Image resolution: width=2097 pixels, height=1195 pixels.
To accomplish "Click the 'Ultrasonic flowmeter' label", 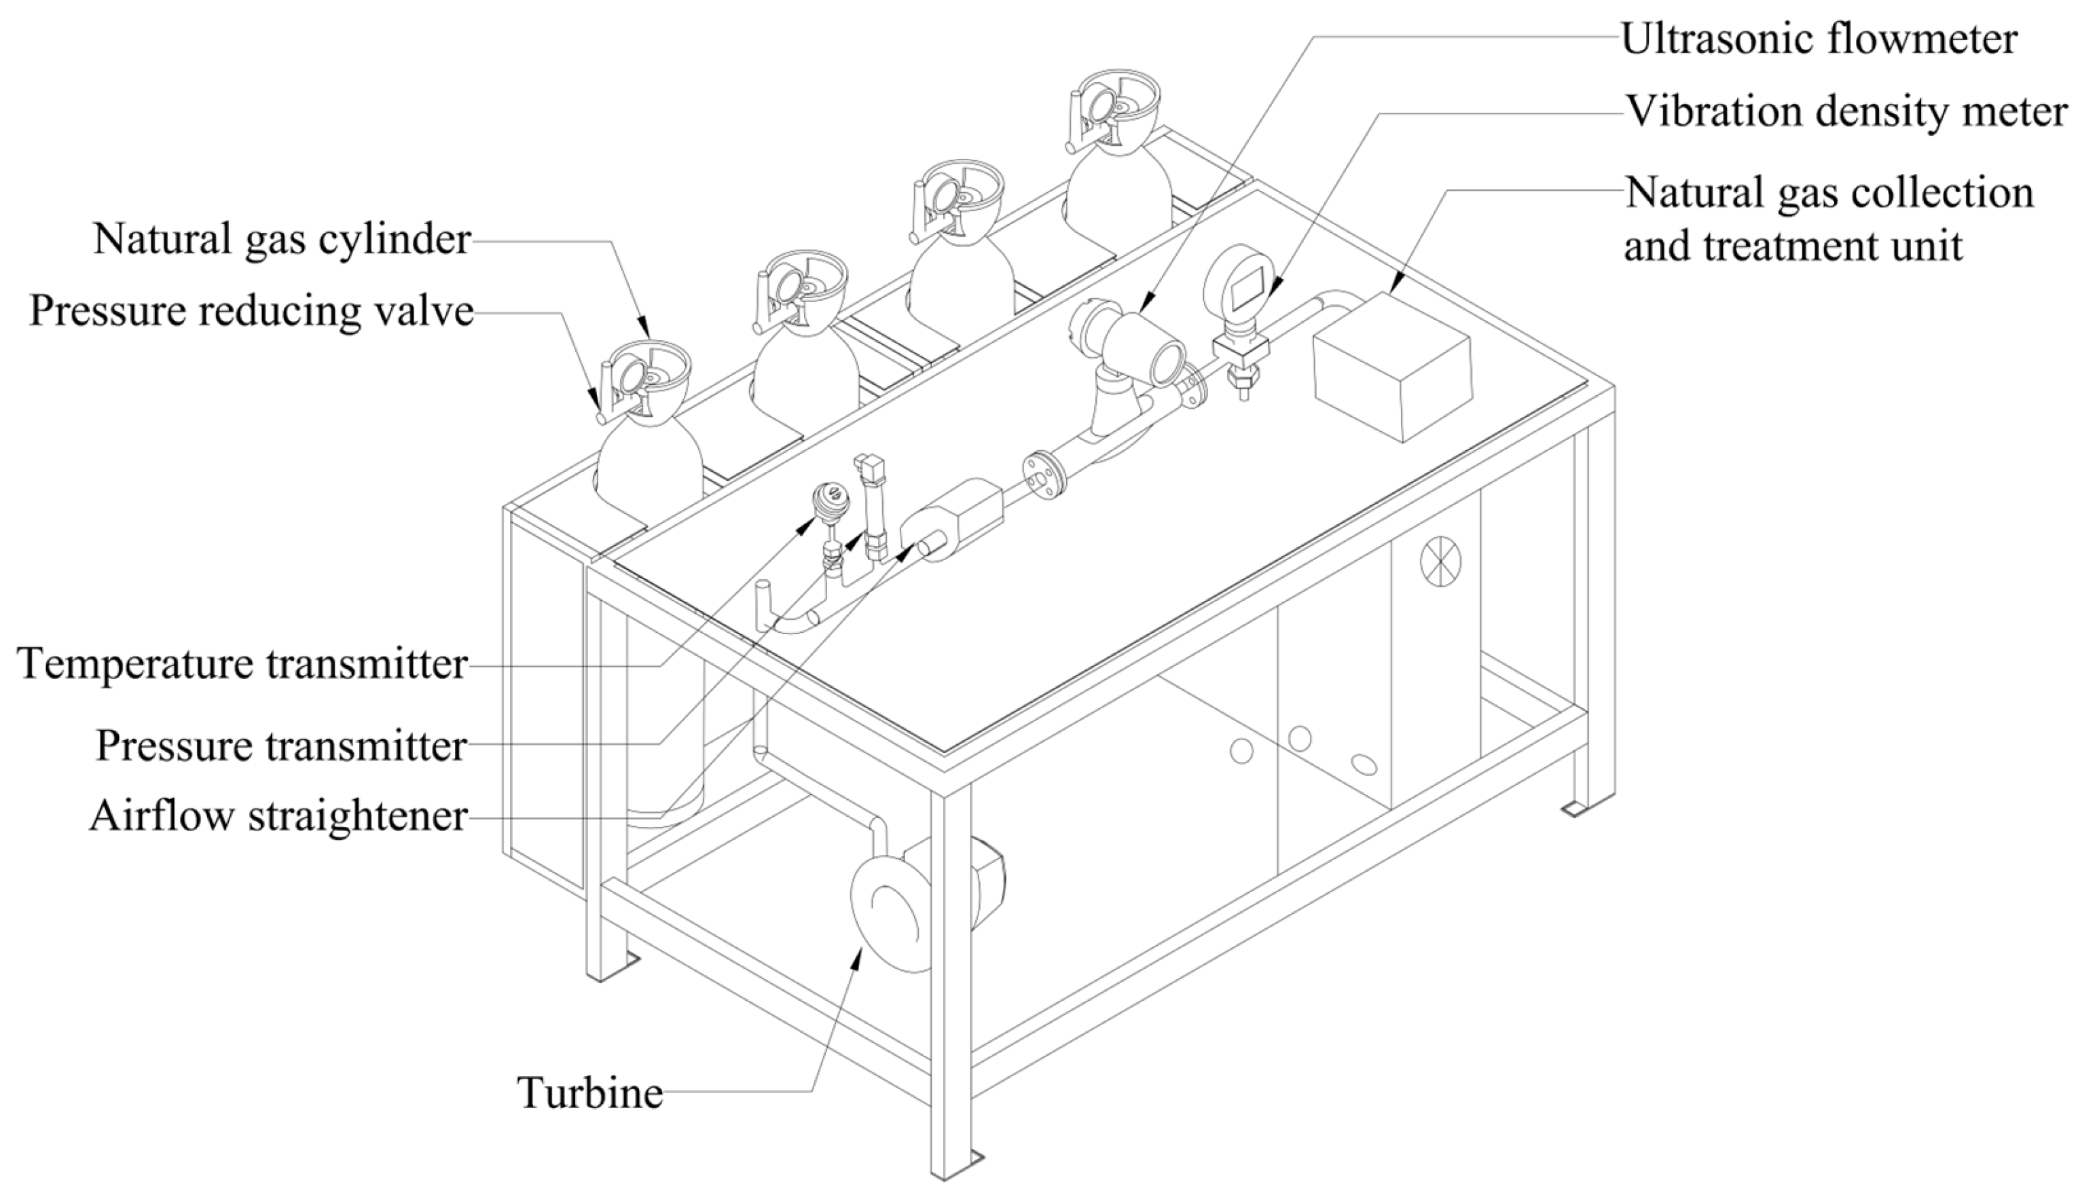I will pyautogui.click(x=1818, y=39).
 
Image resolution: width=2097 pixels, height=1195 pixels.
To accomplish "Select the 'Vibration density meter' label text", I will pyautogui.click(x=1846, y=111).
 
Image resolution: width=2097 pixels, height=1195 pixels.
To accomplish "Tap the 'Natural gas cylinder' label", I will pyautogui.click(x=282, y=240).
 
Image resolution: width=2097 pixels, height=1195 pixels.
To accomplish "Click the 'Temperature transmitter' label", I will pyautogui.click(x=242, y=663).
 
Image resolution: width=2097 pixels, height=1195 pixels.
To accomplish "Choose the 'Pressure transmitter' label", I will pyautogui.click(x=280, y=746).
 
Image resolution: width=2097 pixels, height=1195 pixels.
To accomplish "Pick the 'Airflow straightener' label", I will pyautogui.click(x=278, y=816).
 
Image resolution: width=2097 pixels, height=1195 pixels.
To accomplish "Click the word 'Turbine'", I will pyautogui.click(x=589, y=1092).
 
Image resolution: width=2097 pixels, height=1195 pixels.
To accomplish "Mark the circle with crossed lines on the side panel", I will pyautogui.click(x=1441, y=563).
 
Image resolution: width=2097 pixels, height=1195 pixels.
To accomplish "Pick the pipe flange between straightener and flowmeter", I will pyautogui.click(x=1043, y=475).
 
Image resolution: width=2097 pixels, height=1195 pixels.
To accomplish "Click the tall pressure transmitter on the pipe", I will pyautogui.click(x=871, y=509).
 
